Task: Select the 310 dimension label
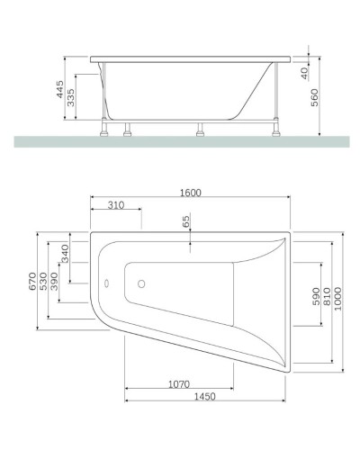pos(114,205)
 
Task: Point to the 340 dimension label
pos(65,254)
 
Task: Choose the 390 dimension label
pos(54,283)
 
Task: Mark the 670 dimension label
pos(31,282)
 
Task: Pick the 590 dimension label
pos(314,296)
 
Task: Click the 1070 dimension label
pos(179,384)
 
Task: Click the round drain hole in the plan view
pos(140,286)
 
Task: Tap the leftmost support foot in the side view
pos(109,128)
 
